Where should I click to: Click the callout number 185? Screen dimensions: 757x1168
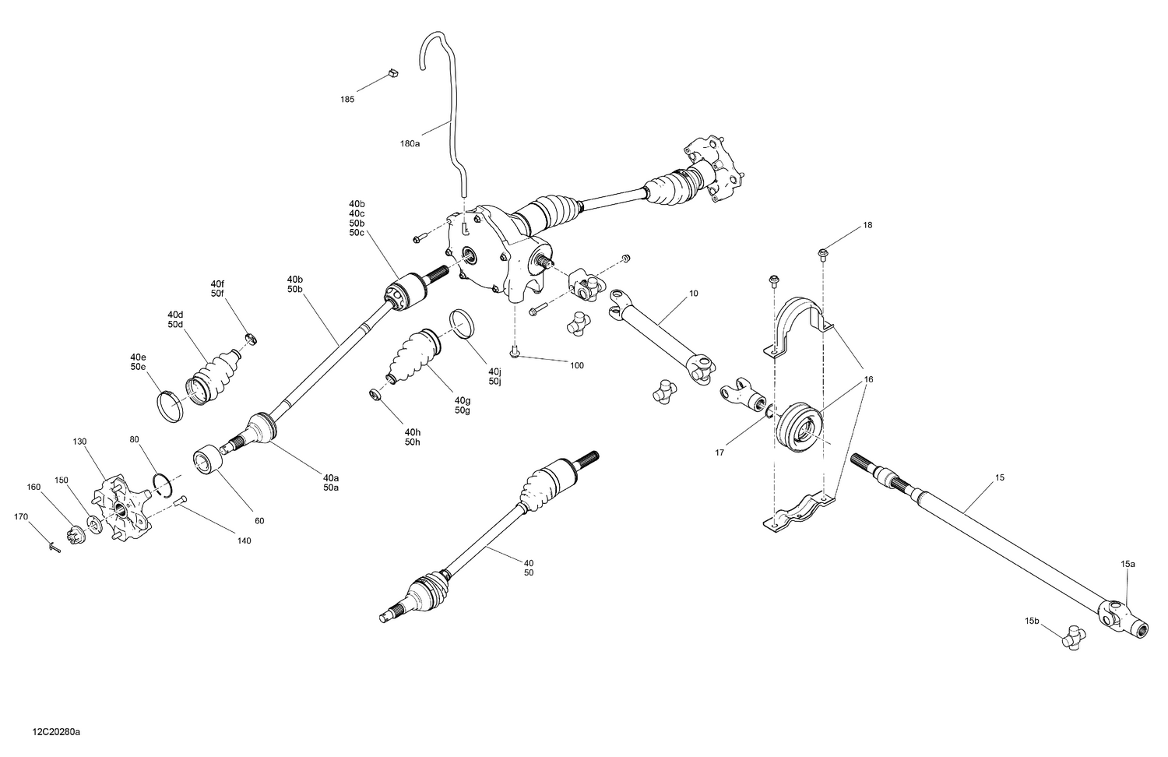pos(347,100)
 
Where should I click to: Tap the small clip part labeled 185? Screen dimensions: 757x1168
pos(393,74)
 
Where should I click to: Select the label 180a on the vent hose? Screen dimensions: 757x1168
pos(410,144)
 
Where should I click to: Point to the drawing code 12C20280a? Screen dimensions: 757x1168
pos(57,733)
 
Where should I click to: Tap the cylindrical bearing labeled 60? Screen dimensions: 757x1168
pos(208,459)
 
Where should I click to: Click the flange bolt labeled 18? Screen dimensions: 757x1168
pos(823,252)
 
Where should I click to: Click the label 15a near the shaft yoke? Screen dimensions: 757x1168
pos(1128,563)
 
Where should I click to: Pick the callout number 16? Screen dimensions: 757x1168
pos(868,379)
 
